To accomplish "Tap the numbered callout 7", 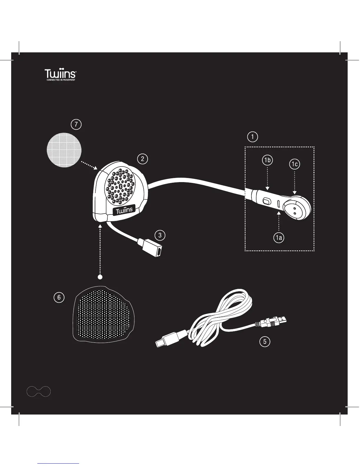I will [x=76, y=124].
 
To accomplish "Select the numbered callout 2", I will [x=142, y=159].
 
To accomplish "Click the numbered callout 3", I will [x=160, y=235].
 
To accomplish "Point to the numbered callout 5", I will [x=265, y=342].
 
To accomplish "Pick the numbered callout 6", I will [x=59, y=297].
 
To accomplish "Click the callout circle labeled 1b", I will [x=267, y=160].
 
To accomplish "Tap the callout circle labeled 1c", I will [x=294, y=164].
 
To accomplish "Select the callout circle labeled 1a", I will [x=279, y=238].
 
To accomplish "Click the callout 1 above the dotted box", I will [x=252, y=137].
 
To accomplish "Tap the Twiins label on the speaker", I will [x=124, y=210].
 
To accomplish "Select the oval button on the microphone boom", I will [x=266, y=201].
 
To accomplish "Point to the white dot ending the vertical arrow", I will [x=100, y=277].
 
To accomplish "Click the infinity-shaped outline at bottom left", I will [x=39, y=392].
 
